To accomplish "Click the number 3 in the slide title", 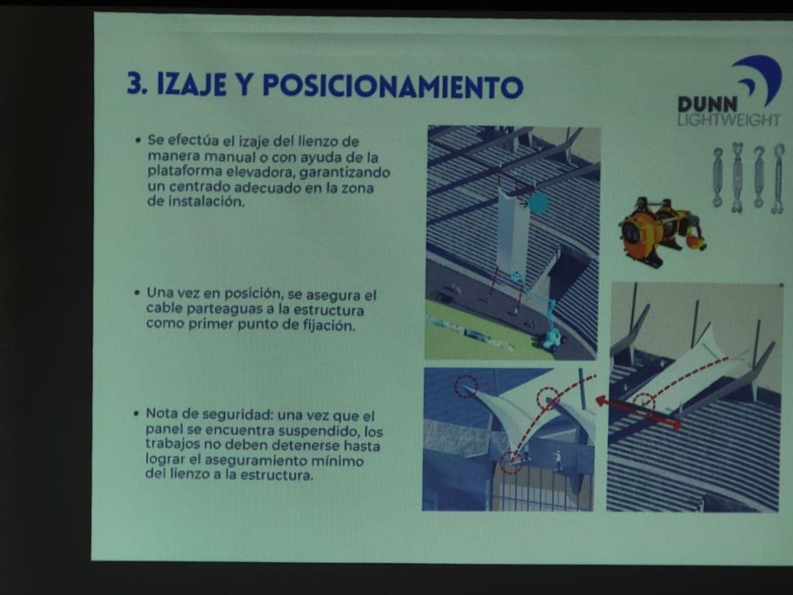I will [x=135, y=85].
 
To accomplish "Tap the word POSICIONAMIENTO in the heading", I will [x=393, y=87].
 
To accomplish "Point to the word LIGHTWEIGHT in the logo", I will [x=728, y=120].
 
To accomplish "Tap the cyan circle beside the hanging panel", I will [x=539, y=203].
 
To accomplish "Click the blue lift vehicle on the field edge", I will [x=550, y=338].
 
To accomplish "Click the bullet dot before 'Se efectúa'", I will [x=137, y=141].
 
